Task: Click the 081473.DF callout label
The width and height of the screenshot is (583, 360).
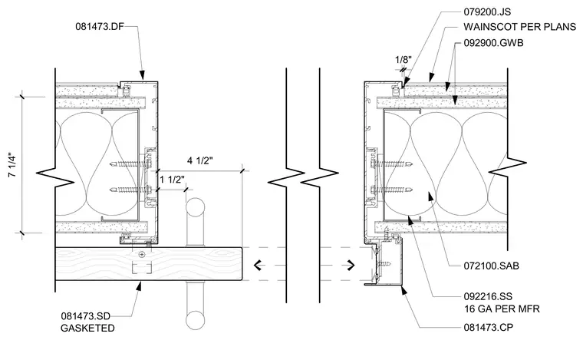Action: pyautogui.click(x=100, y=26)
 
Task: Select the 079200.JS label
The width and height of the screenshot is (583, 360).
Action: pyautogui.click(x=487, y=12)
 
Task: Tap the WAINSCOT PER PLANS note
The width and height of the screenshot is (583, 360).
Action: pyautogui.click(x=519, y=27)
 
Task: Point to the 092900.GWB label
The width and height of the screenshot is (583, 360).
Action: pyautogui.click(x=493, y=43)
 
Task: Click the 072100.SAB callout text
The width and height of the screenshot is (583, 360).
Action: pyautogui.click(x=491, y=266)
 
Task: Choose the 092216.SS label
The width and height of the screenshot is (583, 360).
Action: pyautogui.click(x=488, y=296)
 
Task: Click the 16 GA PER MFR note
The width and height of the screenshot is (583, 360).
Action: pyautogui.click(x=502, y=309)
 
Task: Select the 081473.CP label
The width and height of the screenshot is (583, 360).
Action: pyautogui.click(x=488, y=328)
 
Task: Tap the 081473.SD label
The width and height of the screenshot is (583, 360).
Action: pyautogui.click(x=85, y=316)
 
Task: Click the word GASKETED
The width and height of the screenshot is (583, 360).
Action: pyautogui.click(x=87, y=329)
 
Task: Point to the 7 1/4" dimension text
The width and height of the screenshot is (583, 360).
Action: pyautogui.click(x=12, y=165)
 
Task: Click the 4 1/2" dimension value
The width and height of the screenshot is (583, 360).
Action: pyautogui.click(x=200, y=160)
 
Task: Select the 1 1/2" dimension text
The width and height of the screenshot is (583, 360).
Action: pyautogui.click(x=172, y=180)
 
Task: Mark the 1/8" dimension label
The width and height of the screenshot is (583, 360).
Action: pyautogui.click(x=403, y=60)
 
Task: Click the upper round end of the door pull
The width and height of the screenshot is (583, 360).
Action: pyautogui.click(x=195, y=208)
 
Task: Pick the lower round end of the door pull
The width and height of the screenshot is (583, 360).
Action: pyautogui.click(x=195, y=320)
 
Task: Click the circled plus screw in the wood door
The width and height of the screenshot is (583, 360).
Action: pyautogui.click(x=142, y=255)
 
